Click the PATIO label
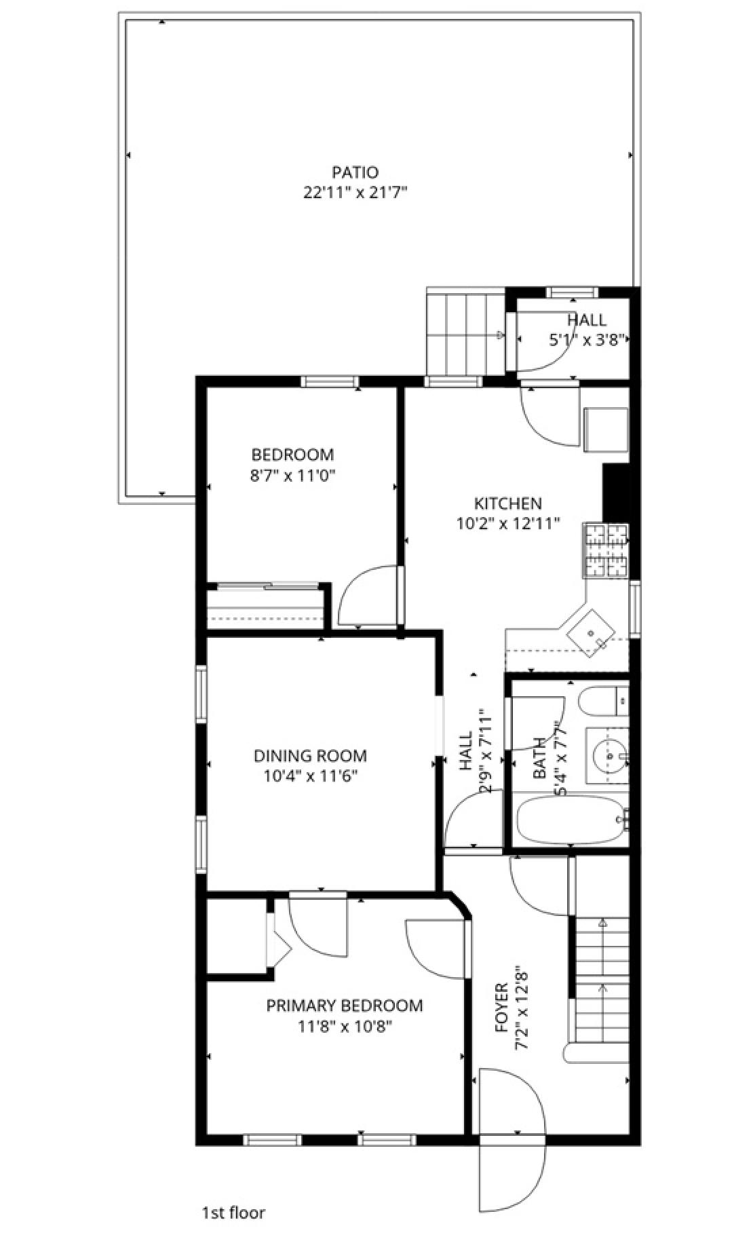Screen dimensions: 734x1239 355,172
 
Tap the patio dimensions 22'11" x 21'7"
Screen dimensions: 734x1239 355,193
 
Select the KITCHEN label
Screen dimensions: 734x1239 507,503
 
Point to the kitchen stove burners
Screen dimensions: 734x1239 605,550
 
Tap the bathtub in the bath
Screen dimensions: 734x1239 570,819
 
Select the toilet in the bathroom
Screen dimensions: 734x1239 604,701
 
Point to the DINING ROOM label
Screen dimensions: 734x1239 310,756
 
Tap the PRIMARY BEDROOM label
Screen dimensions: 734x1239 344,1006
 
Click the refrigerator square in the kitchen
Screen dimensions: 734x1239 606,429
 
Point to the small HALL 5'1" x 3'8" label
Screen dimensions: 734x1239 586,330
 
